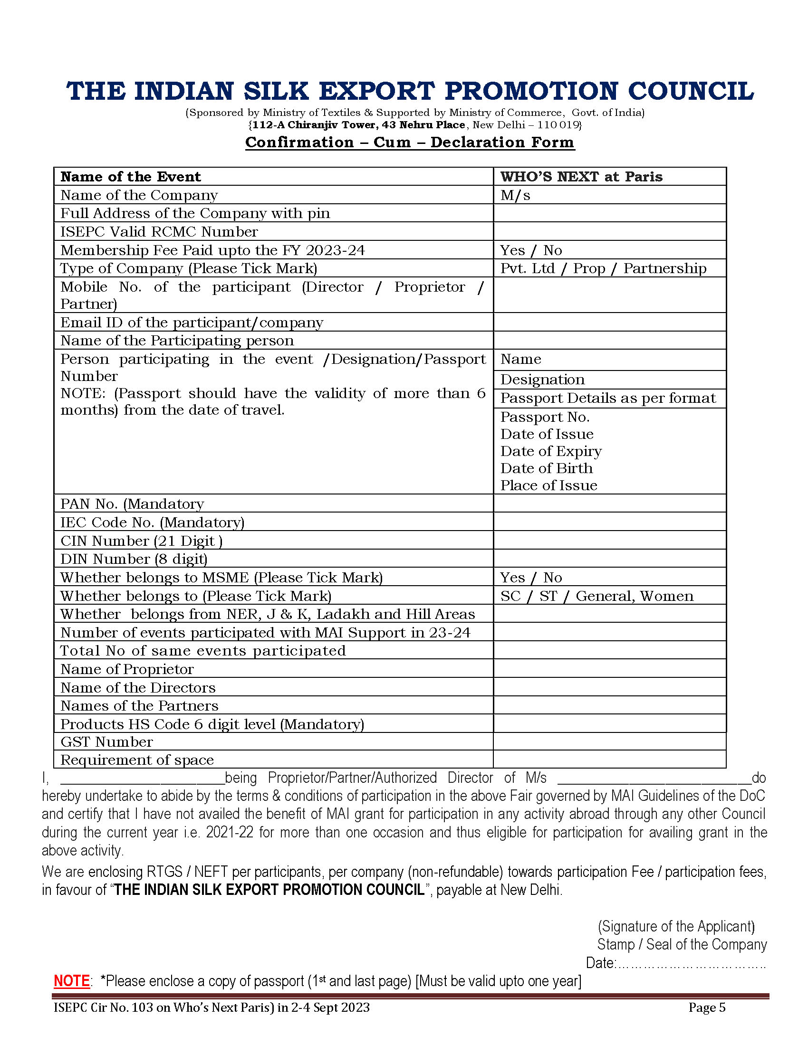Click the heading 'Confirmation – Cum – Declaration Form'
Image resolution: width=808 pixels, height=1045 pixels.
click(x=409, y=142)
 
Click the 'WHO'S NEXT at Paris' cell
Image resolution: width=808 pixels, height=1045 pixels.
click(x=581, y=177)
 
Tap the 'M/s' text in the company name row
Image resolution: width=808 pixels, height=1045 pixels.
click(x=515, y=195)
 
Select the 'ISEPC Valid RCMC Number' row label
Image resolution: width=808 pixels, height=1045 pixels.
click(x=159, y=232)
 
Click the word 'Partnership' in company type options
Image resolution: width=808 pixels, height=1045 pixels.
click(x=664, y=268)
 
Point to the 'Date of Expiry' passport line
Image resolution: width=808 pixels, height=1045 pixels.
click(x=551, y=451)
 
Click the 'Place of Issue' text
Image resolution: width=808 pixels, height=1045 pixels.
click(x=548, y=485)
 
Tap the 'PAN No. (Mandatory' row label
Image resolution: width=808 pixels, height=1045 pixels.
click(x=132, y=504)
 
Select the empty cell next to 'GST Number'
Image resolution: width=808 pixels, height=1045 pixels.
click(x=609, y=741)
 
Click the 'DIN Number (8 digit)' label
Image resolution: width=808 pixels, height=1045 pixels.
click(x=134, y=559)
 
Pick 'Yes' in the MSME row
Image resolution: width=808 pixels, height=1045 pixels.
click(x=512, y=578)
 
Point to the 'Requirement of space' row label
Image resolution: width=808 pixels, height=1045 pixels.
click(x=137, y=760)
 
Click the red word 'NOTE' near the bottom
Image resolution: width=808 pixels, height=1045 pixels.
click(x=71, y=981)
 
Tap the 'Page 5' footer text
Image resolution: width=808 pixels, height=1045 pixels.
click(x=706, y=1007)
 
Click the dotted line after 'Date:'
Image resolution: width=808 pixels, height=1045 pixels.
click(x=691, y=963)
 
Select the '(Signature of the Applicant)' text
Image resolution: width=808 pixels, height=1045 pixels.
click(x=676, y=926)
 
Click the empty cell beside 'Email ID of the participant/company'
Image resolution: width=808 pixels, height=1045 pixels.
click(x=609, y=322)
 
